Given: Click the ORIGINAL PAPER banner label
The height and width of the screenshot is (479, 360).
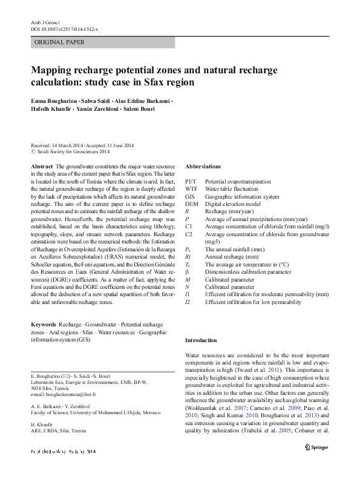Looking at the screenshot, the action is click(59, 42).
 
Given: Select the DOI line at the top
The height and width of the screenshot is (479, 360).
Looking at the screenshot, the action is click(64, 28).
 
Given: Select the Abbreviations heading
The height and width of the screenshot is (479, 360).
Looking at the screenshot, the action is click(203, 166).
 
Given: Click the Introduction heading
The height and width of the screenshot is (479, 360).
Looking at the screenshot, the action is click(201, 341).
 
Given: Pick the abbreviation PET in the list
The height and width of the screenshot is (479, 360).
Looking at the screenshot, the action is click(190, 181).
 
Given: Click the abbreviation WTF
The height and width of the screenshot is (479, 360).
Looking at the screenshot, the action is click(191, 189).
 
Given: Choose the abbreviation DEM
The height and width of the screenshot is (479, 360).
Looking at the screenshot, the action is click(191, 204).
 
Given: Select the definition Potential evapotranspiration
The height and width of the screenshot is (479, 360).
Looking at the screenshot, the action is click(241, 181).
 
